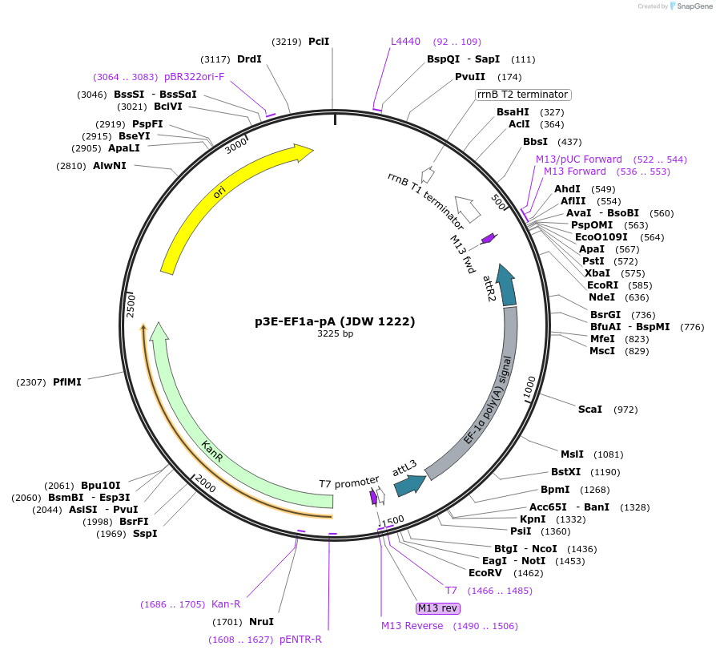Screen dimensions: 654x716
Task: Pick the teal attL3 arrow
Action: click(408, 484)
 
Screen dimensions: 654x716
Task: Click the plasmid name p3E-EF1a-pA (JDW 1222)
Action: click(335, 321)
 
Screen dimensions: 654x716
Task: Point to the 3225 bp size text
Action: click(335, 333)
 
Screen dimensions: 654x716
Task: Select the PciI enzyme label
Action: click(319, 42)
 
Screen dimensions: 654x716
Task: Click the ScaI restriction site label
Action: click(590, 410)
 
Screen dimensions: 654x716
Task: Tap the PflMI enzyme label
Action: click(67, 382)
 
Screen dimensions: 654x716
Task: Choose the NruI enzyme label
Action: click(261, 622)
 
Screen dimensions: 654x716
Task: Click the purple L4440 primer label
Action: click(405, 42)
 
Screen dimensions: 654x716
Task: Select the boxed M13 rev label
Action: click(438, 608)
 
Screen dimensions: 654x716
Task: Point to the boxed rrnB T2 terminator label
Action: click(522, 95)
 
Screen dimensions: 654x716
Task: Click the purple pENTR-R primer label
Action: click(300, 640)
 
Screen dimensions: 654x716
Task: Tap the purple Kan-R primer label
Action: click(226, 604)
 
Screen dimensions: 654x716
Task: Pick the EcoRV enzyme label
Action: click(485, 573)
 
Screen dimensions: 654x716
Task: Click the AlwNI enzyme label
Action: click(110, 166)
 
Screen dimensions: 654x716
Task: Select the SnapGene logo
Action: click(690, 6)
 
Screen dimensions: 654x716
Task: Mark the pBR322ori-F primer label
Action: click(195, 77)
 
